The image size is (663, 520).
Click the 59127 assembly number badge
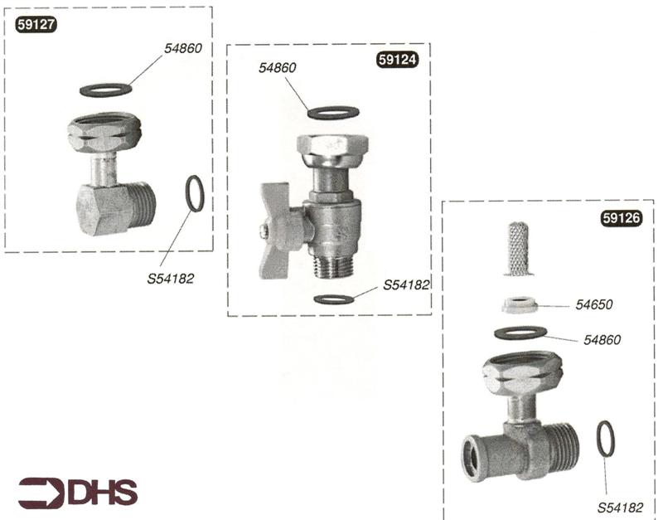(36, 25)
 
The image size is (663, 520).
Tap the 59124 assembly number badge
(397, 60)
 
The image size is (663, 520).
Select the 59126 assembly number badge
(621, 218)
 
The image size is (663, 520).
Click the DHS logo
(78, 493)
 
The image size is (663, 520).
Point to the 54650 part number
(593, 304)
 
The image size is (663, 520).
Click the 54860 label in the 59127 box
(183, 48)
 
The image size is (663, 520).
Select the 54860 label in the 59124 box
(278, 68)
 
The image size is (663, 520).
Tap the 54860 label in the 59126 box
(603, 340)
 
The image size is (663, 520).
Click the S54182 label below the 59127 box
(171, 279)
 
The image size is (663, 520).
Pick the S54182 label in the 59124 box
(406, 285)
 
